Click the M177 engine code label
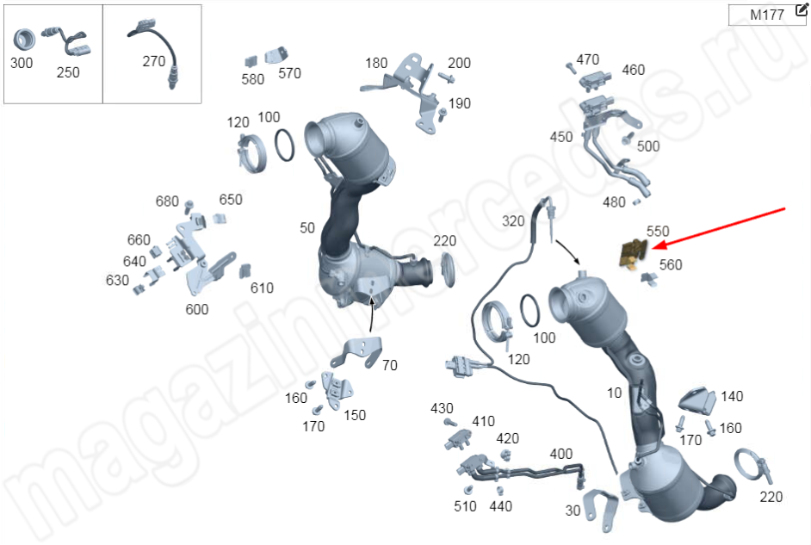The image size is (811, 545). [767, 15]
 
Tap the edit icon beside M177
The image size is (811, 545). [801, 9]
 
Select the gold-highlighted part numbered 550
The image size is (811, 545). [633, 253]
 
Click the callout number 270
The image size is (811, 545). [153, 61]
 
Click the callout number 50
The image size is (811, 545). [307, 228]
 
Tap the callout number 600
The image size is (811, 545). [197, 309]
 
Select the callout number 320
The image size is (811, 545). [513, 221]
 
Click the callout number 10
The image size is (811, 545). [614, 393]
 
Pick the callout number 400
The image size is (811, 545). [560, 454]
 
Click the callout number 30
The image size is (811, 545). [573, 511]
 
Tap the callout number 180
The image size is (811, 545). [376, 63]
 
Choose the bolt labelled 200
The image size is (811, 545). [446, 77]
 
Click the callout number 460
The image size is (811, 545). [633, 70]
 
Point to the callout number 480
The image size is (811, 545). [614, 202]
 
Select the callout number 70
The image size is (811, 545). [389, 366]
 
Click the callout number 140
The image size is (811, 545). [732, 397]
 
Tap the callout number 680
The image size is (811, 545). [167, 201]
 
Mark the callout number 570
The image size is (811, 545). [289, 73]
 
